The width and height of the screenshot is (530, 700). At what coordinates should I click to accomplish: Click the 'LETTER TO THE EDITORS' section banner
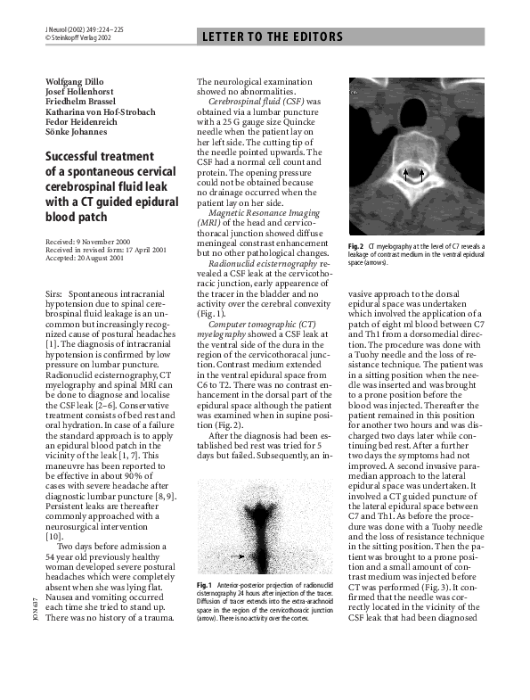[273, 37]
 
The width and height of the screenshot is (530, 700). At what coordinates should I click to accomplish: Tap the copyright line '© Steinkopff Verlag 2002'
[78, 39]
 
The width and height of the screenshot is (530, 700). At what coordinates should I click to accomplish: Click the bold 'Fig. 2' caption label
[356, 245]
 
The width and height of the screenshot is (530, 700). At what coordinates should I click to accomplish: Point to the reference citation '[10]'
[53, 537]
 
